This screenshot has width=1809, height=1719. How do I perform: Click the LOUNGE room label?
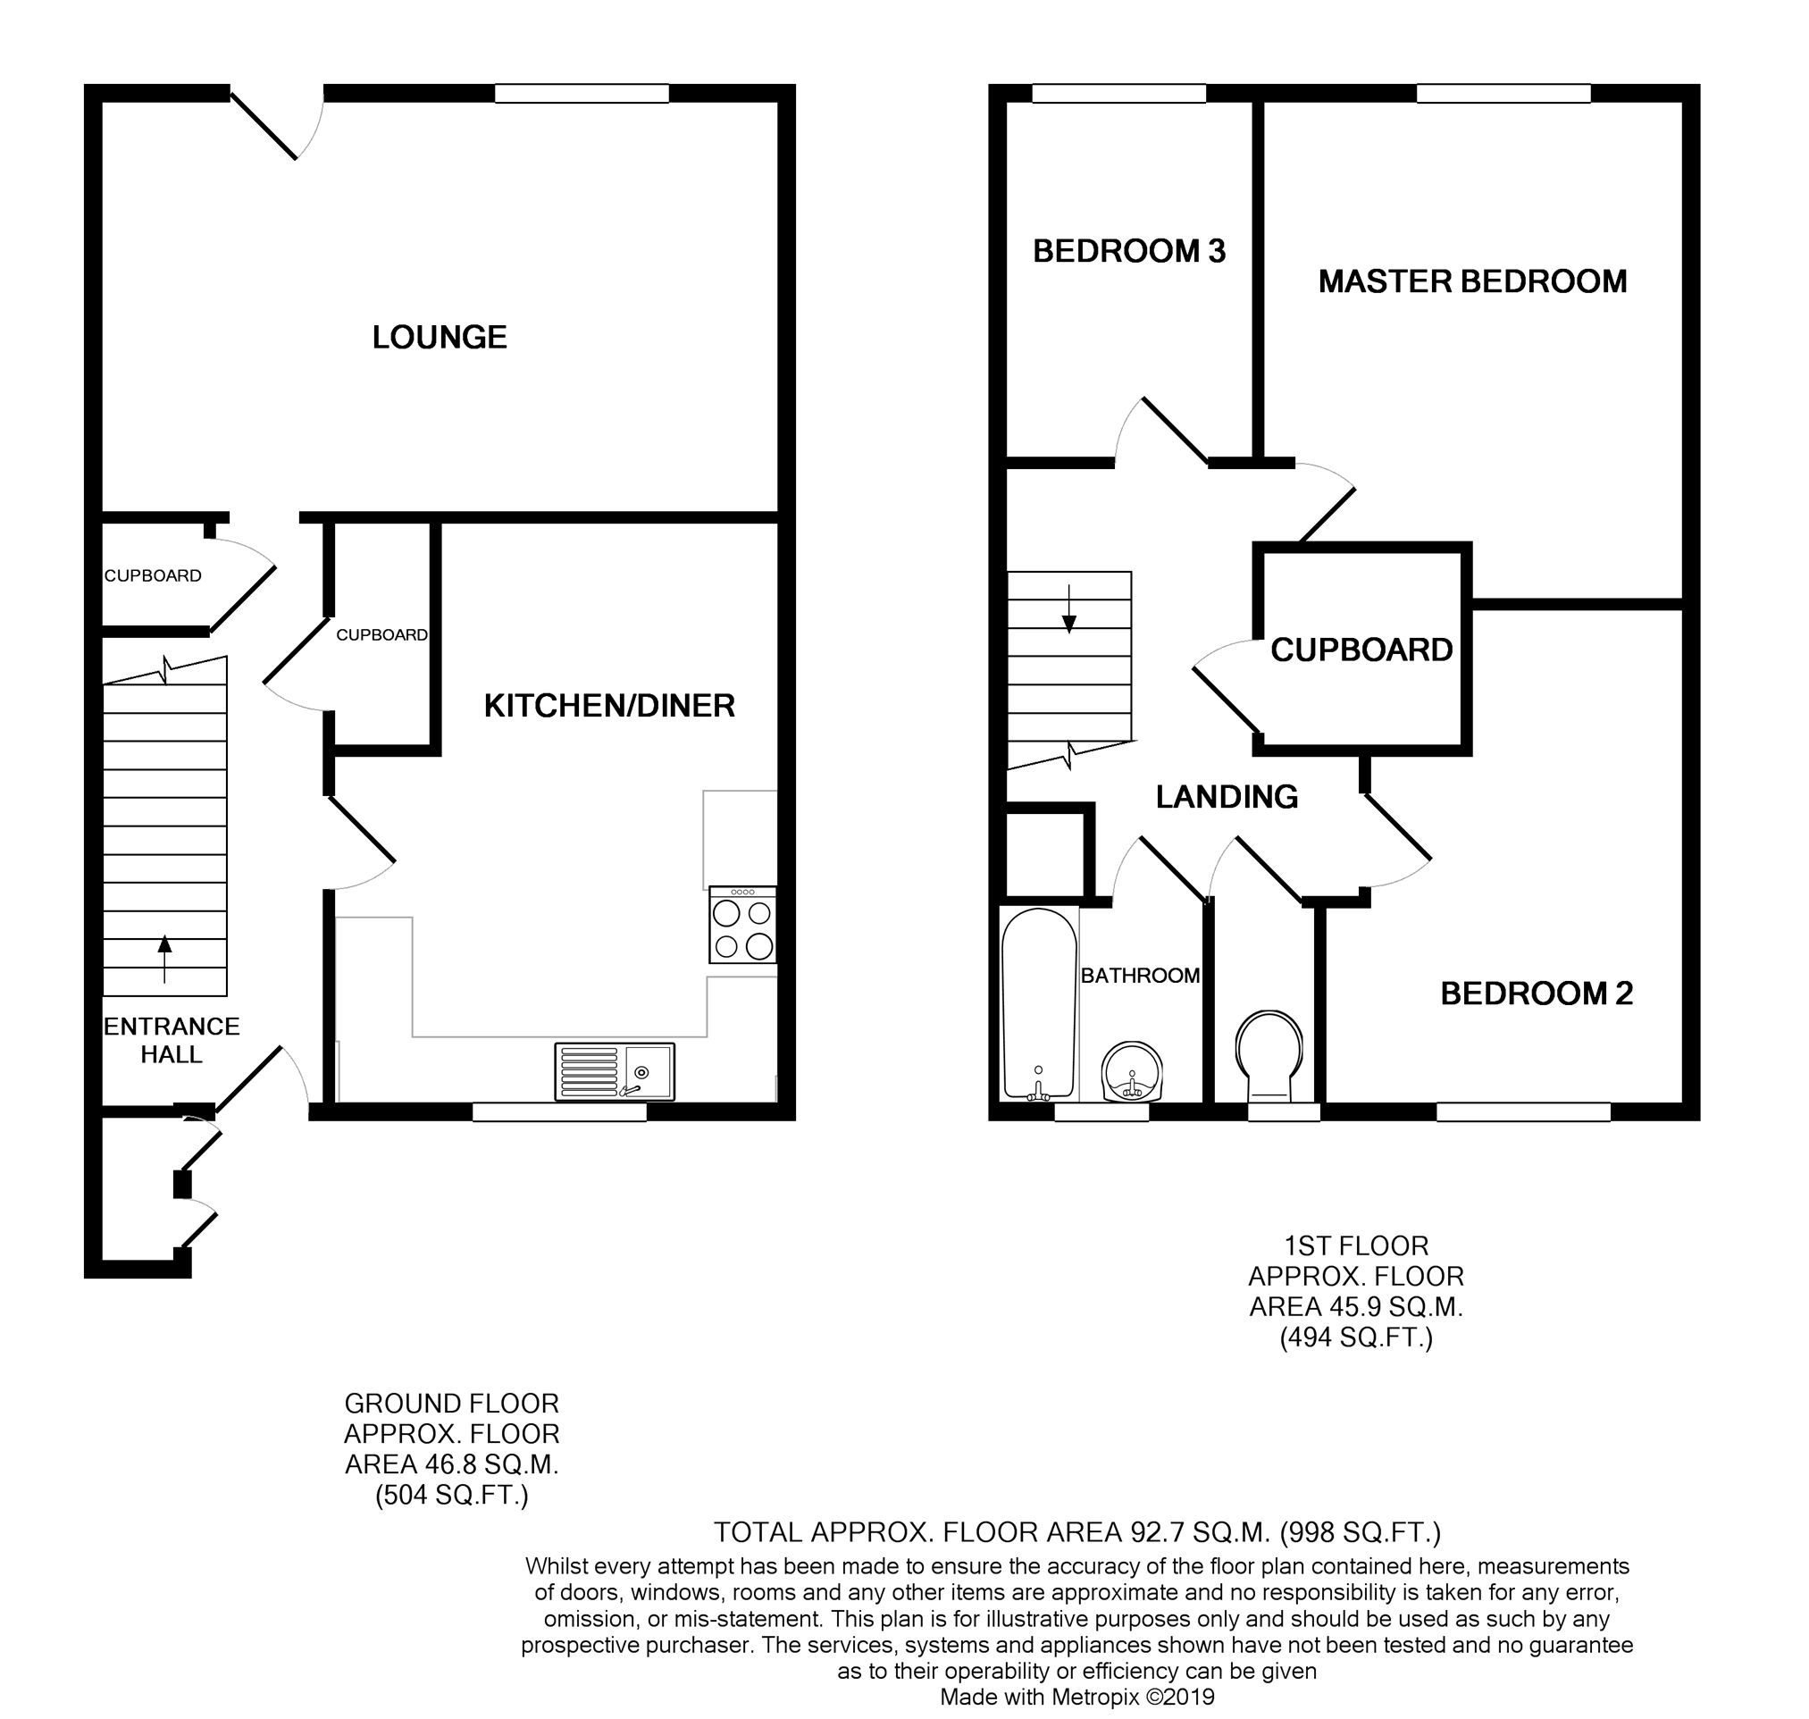click(439, 337)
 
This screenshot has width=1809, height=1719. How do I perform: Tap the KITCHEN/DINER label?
click(609, 706)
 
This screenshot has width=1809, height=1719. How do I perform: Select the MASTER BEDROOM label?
click(1472, 281)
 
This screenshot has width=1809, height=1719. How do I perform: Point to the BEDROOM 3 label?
click(1128, 251)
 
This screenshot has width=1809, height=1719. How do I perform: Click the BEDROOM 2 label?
click(1536, 994)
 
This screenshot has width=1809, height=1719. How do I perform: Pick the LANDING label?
click(1227, 797)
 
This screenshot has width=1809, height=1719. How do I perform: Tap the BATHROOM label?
click(1141, 975)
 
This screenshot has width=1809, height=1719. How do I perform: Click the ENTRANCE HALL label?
click(172, 1040)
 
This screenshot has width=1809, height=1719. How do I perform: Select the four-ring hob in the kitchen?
click(743, 925)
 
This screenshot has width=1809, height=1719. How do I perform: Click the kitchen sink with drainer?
click(615, 1071)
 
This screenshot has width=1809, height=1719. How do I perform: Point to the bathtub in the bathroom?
click(1039, 1004)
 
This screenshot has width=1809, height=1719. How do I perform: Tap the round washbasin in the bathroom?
click(1132, 1071)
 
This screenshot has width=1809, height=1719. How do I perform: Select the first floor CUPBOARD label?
click(1361, 650)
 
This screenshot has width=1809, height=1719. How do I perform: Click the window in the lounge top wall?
click(582, 94)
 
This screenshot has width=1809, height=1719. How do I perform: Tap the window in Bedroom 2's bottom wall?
click(1523, 1111)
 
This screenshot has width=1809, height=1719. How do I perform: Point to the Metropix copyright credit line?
click(1077, 1696)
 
